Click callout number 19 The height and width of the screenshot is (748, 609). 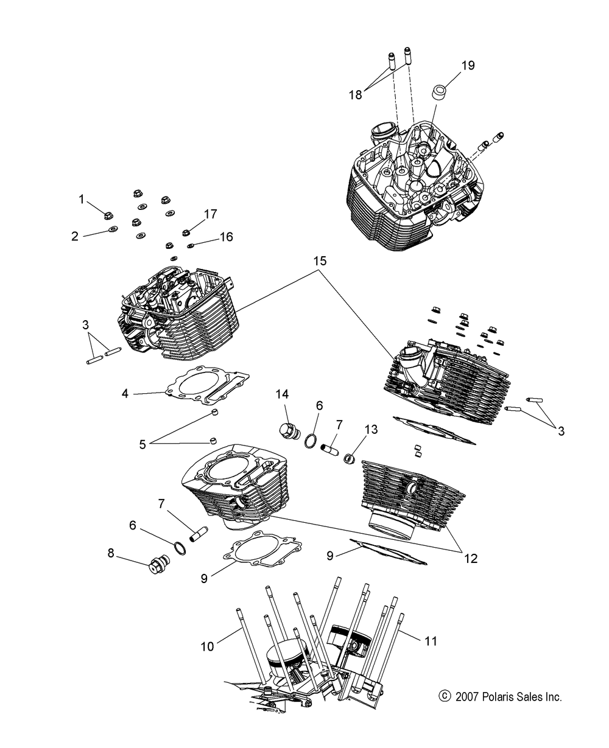[468, 65]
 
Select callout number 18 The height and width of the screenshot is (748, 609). [355, 94]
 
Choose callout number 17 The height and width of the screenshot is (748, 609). [210, 214]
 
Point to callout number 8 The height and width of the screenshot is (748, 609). [110, 553]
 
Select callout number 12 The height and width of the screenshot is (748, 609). [469, 558]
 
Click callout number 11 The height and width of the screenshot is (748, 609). [431, 641]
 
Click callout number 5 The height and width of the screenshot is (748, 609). [142, 444]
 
